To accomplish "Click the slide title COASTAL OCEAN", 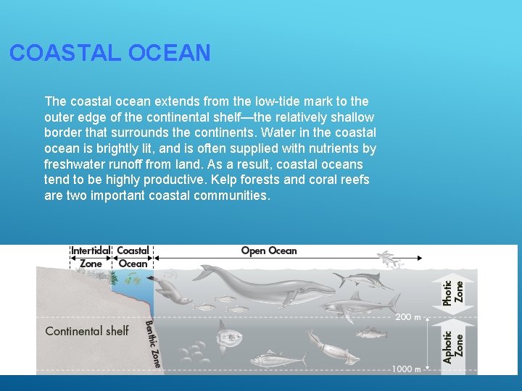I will (110, 53).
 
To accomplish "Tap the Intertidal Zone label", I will (90, 257).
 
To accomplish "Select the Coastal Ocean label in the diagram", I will (133, 257).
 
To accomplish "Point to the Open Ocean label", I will (269, 251).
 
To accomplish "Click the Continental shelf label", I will (86, 331).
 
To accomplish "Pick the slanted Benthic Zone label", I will (153, 343).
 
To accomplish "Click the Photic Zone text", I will (452, 292).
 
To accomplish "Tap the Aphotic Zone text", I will (452, 348).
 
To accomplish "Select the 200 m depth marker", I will (407, 317).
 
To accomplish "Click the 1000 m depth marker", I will (406, 369).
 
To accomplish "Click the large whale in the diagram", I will (261, 285).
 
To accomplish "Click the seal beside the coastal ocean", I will (173, 292).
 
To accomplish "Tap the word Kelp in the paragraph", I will (218, 180).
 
